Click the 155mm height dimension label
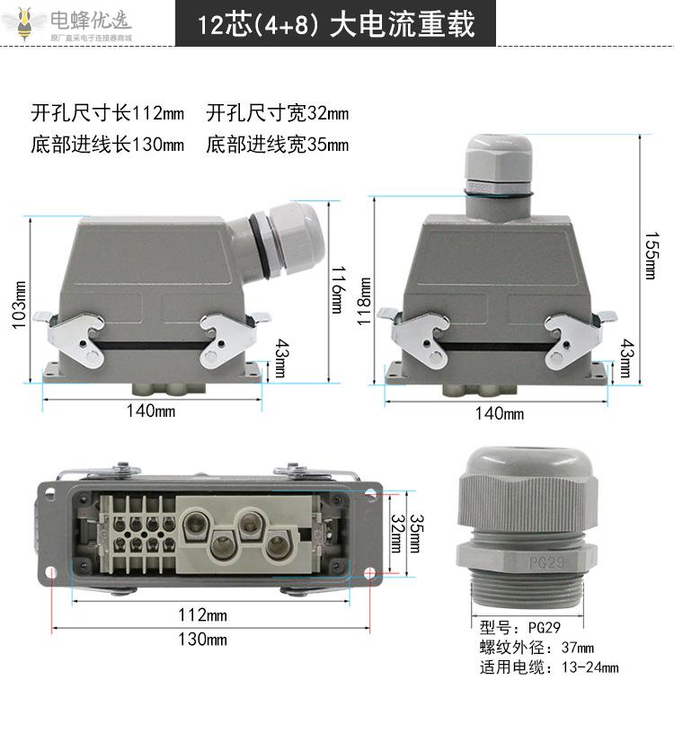[x=651, y=255]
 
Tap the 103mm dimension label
[x=19, y=305]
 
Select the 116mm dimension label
[x=338, y=290]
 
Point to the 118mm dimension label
[x=364, y=301]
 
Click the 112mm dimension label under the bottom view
[x=202, y=614]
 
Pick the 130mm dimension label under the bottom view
[x=202, y=639]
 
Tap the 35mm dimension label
[x=416, y=534]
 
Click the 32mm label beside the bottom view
[x=397, y=534]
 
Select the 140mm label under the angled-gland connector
[x=151, y=411]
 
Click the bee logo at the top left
[x=23, y=23]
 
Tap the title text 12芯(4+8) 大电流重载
[x=336, y=24]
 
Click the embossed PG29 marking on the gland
[x=546, y=562]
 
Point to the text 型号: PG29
[x=519, y=627]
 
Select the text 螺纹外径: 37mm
[x=537, y=648]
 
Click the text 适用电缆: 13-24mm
[x=549, y=667]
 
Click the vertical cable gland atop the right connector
[x=499, y=178]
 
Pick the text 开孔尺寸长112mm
[x=108, y=113]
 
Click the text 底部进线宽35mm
[x=278, y=145]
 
